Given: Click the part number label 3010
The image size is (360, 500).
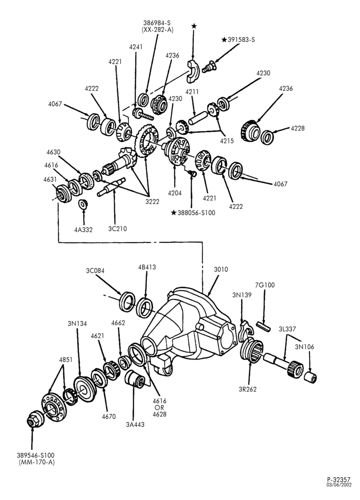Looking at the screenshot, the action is click(x=220, y=269).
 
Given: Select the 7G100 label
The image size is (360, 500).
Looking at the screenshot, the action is click(x=265, y=285).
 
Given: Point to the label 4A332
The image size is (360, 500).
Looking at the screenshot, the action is click(x=83, y=229).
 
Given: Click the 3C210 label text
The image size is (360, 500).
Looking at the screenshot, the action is click(x=117, y=228).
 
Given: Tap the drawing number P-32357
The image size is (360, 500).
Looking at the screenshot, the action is click(x=338, y=479).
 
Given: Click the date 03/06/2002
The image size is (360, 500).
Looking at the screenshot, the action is click(x=338, y=484).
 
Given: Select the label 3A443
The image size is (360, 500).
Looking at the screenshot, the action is click(x=135, y=424).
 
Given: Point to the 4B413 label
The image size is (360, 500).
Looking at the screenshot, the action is click(x=146, y=267).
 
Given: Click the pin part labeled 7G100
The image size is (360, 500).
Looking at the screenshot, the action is click(x=263, y=327).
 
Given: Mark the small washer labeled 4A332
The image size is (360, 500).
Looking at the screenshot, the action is click(x=83, y=203).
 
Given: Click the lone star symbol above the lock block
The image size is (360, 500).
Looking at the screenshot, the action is click(x=194, y=26).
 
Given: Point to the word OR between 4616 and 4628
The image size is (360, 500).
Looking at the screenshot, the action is click(x=159, y=408).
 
